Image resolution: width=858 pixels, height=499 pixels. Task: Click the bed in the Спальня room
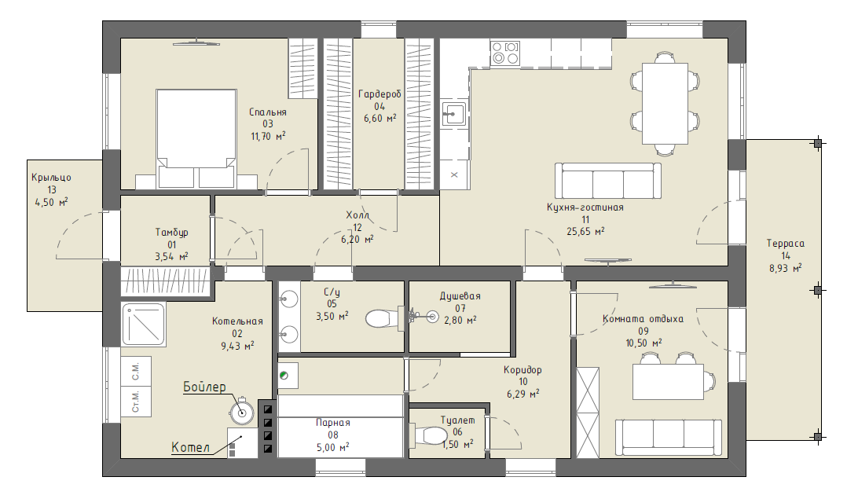coord(196,139)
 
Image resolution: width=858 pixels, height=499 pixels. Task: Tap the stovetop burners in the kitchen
coord(504,53)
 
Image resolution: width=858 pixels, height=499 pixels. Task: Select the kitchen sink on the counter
coord(453,115)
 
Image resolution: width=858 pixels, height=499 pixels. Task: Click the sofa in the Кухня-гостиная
coord(608,181)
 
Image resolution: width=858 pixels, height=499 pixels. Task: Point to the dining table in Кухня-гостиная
coord(664,104)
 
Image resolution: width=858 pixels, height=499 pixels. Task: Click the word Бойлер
coord(204,387)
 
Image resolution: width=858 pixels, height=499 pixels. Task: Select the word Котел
coord(190,447)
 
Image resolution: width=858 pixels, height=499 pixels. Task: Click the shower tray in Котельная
coord(143,325)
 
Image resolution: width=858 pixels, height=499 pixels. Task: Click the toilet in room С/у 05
coord(383,318)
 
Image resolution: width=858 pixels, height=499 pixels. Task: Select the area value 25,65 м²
coord(585,232)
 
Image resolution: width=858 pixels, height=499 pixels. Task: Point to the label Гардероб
coord(379,94)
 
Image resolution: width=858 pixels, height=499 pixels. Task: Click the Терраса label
coord(785,244)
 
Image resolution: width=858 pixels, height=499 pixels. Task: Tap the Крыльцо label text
coord(51,178)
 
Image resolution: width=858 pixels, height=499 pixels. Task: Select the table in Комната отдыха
coord(668,382)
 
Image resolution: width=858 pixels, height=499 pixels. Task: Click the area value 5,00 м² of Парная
coord(332,447)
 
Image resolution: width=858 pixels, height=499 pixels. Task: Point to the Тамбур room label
coord(171,233)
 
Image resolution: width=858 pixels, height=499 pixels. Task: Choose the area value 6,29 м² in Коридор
coord(522,394)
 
